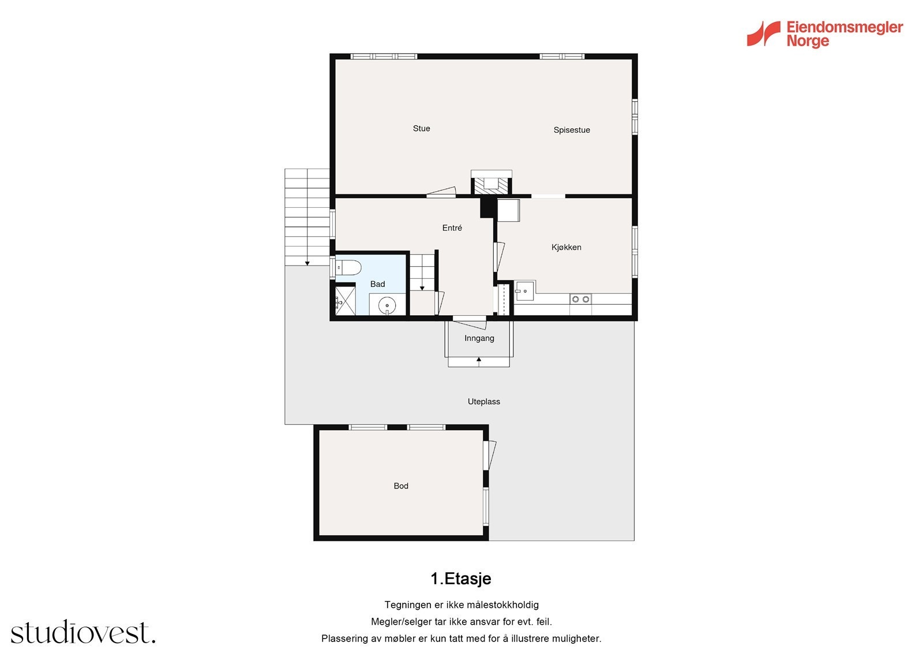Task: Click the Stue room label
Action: coord(421,128)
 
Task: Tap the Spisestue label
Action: coord(572,130)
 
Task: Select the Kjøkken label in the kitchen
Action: coord(566,247)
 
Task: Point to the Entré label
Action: coord(452,227)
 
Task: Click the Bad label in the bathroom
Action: coord(377,284)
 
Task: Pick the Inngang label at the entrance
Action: coord(479,338)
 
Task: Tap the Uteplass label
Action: coord(484,401)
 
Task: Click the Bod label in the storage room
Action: coord(401,486)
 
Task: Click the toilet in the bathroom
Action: coord(348,268)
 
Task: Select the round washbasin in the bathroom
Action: coord(387,305)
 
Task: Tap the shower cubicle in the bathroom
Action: coord(346,301)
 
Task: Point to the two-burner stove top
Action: coord(580,299)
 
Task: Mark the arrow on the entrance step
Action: coord(479,361)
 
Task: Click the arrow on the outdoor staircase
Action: coord(307,263)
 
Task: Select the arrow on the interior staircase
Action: coord(422,288)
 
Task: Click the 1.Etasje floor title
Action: coord(461,579)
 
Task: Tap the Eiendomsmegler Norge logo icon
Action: coord(764,34)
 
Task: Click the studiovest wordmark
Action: coord(83,632)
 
